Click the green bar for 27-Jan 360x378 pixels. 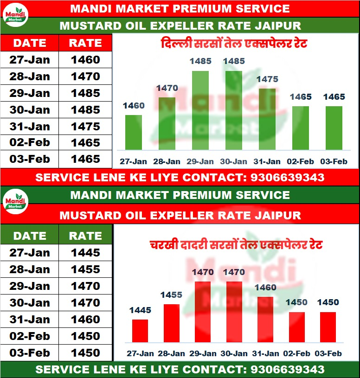pos(134,132)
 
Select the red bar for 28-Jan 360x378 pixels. pos(172,323)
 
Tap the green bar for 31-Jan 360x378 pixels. pos(267,119)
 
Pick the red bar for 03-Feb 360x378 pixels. pos(328,327)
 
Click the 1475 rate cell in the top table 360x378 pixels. pos(85,126)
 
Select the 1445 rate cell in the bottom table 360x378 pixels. pos(85,253)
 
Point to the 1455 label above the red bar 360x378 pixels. pos(172,295)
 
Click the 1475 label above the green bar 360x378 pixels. pos(267,79)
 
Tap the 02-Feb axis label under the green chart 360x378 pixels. pos(301,161)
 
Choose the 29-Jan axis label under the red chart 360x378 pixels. pos(203,353)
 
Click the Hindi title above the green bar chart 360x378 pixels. pos(234,45)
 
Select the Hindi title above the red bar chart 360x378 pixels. pos(236,244)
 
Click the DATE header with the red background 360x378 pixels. pos(30,43)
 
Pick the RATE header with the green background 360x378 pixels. pos(85,236)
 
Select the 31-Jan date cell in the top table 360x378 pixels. pos(30,126)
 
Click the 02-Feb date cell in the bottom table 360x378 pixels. pos(30,336)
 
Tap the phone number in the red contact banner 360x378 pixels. pos(287,177)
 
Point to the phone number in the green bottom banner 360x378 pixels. pos(287,370)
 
